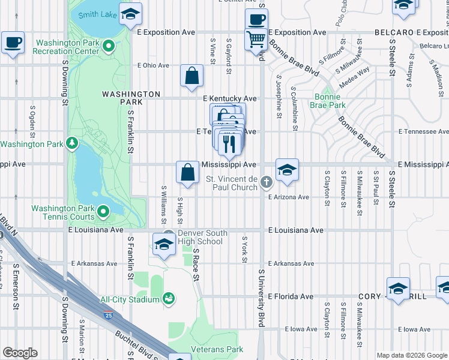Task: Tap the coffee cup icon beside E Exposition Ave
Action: (256, 19)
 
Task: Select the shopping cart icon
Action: (256, 40)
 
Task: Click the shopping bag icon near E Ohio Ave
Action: (191, 76)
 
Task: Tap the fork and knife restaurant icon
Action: (229, 143)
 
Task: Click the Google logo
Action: (20, 353)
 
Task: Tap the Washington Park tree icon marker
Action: (71, 143)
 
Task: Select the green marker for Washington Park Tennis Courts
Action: (103, 211)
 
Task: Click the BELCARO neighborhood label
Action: (394, 32)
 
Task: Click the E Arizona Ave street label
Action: (288, 197)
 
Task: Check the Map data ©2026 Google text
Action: (411, 355)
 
